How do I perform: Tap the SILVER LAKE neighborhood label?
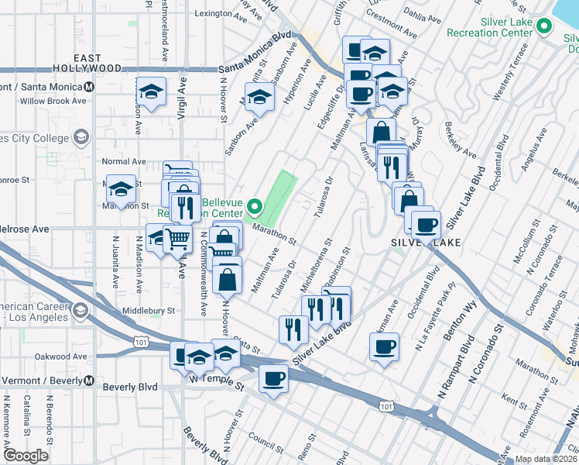click(426, 243)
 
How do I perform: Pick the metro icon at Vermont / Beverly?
click(89, 381)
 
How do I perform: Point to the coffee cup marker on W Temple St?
click(273, 379)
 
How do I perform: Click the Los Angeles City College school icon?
click(80, 138)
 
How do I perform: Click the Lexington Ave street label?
click(213, 13)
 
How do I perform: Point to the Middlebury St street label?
click(149, 311)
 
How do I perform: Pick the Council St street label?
click(268, 445)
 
